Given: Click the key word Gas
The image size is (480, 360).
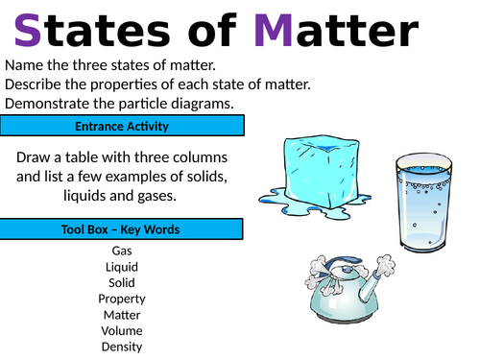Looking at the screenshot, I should click(x=122, y=251).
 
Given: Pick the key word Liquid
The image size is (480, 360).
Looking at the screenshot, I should click(x=122, y=267).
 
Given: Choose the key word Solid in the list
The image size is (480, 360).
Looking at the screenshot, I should click(x=122, y=282).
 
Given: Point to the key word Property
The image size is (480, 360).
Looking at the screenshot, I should click(x=122, y=299).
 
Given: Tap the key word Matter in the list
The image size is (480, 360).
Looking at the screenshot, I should click(x=122, y=315).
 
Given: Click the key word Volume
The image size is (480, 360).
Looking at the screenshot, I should click(x=122, y=331).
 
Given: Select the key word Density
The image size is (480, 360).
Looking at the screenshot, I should click(x=122, y=347).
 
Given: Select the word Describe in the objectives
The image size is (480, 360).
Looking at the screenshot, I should click(x=36, y=84).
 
